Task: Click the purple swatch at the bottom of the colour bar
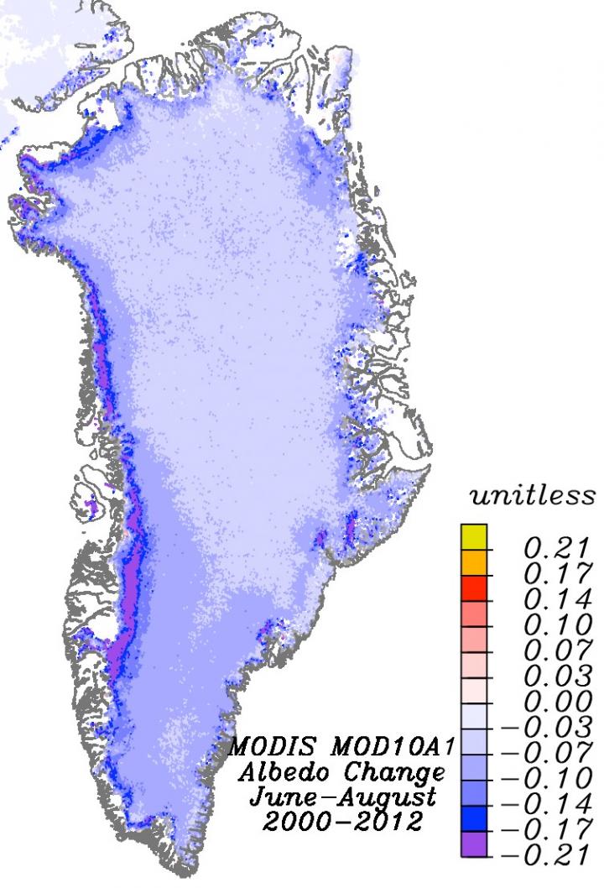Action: pyautogui.click(x=473, y=843)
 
